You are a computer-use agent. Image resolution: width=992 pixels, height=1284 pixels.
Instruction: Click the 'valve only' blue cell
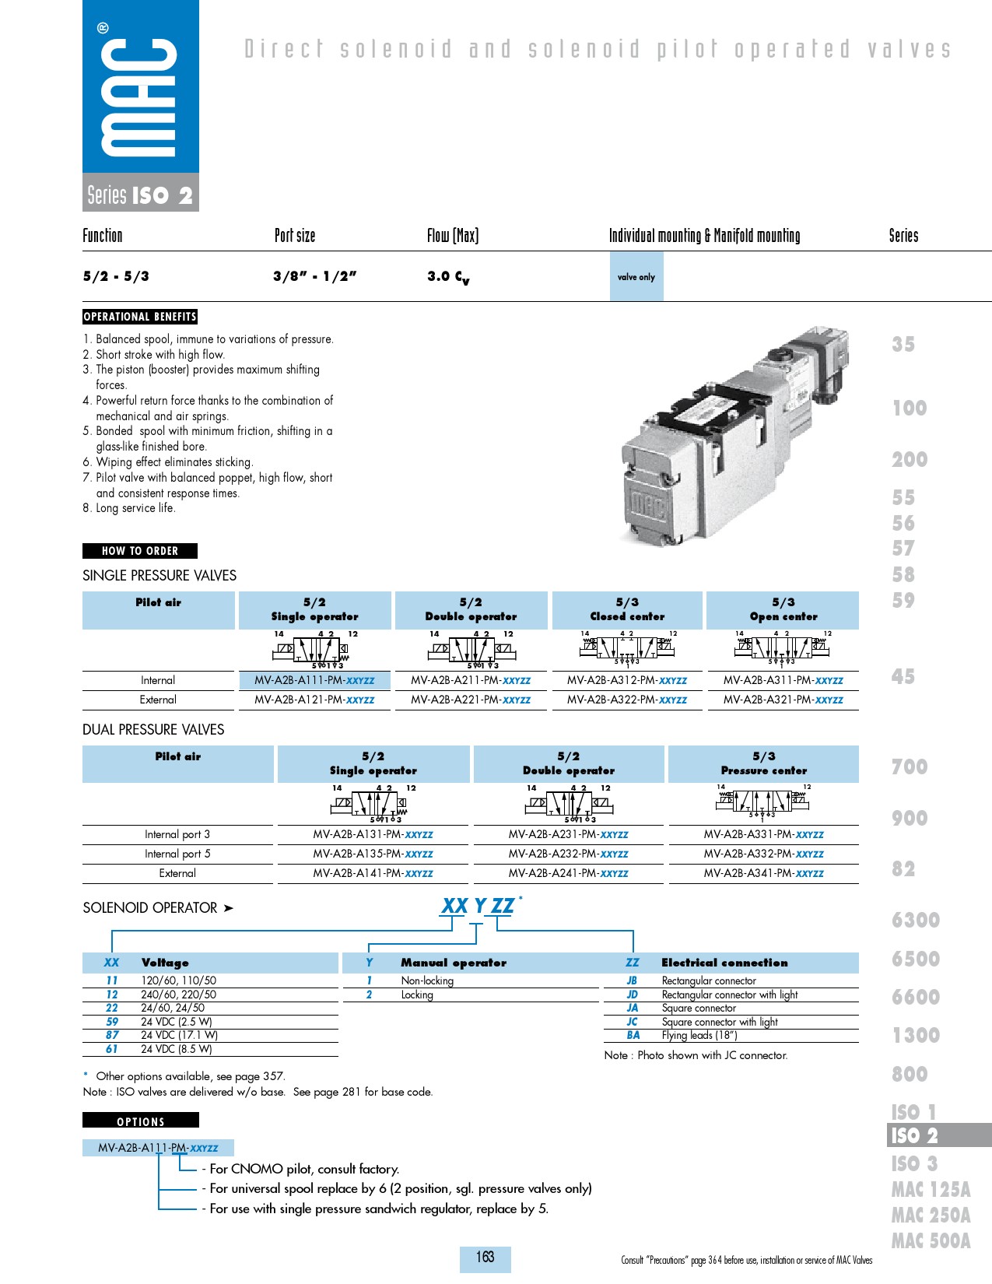pos(636,277)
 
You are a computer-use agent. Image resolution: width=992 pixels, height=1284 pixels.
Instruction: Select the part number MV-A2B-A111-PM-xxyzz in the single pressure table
pos(314,680)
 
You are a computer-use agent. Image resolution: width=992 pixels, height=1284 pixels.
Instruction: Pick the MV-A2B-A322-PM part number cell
pos(627,700)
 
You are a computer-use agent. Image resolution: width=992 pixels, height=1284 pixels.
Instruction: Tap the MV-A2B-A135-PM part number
pos(373,854)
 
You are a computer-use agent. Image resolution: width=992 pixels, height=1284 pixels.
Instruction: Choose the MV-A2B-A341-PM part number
pos(763,873)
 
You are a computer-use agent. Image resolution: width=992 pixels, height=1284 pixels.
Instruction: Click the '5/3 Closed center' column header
pos(627,609)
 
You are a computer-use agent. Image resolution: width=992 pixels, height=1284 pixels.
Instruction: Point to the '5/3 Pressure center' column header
pos(763,763)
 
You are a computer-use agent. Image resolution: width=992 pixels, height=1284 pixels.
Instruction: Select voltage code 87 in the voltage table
pos(112,1035)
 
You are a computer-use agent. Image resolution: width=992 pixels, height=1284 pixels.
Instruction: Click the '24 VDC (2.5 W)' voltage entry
pos(177,1022)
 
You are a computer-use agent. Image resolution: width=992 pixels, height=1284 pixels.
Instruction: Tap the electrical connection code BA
pos(633,1035)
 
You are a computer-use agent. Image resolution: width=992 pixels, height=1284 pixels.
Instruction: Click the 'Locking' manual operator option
pos(417,995)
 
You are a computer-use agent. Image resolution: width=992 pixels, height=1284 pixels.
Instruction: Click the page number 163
pos(485,1257)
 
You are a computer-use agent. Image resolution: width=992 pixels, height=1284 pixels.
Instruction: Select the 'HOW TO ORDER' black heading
pos(140,551)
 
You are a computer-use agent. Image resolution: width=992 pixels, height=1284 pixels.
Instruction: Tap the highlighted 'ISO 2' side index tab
pos(914,1135)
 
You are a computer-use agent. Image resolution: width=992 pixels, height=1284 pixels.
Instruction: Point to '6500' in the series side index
pos(916,959)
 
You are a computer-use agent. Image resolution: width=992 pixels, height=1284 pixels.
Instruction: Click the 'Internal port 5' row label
pos(177,854)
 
